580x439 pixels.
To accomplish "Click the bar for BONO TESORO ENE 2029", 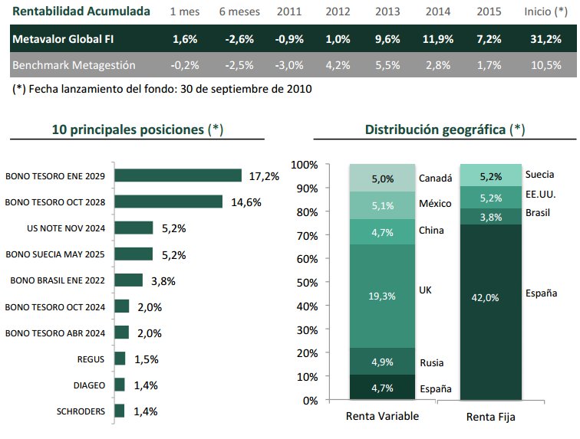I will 177,175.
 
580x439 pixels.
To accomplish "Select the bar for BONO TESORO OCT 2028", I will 168,201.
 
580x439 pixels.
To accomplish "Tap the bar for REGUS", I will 120,359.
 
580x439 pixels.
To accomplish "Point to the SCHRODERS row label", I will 81,411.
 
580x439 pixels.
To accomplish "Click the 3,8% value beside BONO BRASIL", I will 163,280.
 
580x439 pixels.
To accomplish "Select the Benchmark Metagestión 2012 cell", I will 338,65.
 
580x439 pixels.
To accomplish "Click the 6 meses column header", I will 239,12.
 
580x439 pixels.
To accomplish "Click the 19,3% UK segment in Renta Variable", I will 382,295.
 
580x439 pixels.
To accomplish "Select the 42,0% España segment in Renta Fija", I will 491,297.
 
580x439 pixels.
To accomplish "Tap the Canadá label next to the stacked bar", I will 435,179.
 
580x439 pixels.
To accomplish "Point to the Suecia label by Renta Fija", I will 540,175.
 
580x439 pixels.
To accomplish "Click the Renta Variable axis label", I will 382,417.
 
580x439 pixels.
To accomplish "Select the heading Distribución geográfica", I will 435,129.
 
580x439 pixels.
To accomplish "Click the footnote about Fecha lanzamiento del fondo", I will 162,89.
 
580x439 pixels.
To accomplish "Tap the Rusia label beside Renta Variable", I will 432,362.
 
